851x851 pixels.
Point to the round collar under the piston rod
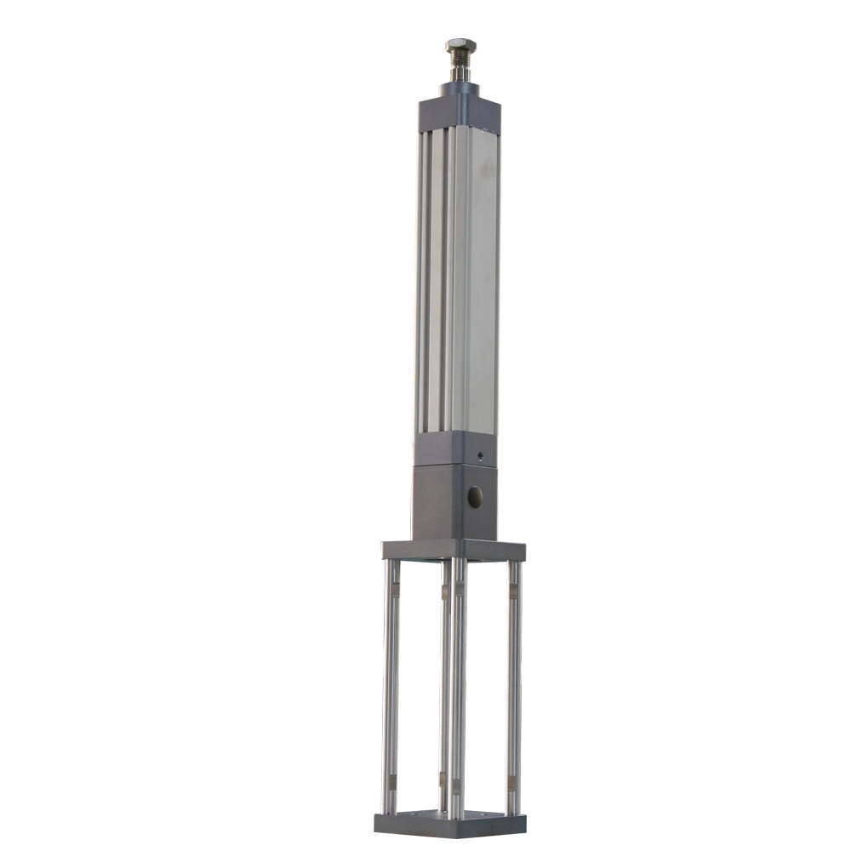[460, 88]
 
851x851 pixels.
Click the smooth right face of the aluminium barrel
[482, 281]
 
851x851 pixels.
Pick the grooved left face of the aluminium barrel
[435, 281]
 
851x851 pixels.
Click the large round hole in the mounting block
[475, 497]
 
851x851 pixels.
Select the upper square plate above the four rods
[453, 551]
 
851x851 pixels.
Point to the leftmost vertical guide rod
[390, 681]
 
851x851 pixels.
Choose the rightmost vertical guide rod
[513, 681]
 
